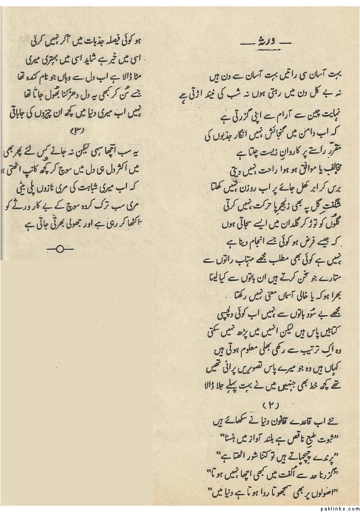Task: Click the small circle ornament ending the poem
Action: (x=59, y=250)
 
